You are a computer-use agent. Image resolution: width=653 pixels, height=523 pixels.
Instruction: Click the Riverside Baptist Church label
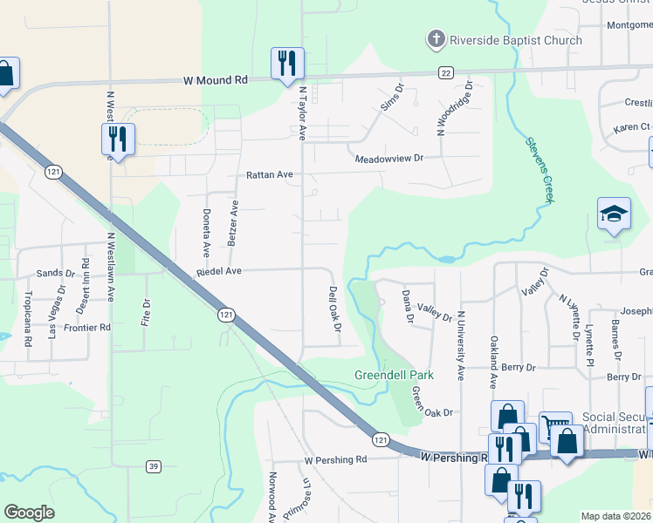(515, 40)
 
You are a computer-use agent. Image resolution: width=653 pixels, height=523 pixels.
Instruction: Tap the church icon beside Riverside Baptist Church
(436, 39)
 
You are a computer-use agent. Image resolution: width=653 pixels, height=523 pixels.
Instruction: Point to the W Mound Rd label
(216, 79)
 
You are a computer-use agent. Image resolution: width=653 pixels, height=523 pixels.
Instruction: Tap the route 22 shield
(445, 72)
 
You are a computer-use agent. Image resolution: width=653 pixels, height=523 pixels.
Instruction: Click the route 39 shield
(154, 466)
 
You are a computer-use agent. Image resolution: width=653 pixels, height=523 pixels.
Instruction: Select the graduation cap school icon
(614, 213)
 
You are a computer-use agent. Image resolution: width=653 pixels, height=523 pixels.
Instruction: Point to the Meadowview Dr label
(388, 159)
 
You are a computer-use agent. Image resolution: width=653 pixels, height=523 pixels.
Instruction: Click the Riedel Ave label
(218, 271)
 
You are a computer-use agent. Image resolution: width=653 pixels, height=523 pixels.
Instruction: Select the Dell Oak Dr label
(333, 309)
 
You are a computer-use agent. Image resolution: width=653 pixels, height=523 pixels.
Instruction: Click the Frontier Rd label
(87, 328)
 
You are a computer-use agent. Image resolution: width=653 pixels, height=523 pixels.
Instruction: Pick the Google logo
(30, 513)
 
